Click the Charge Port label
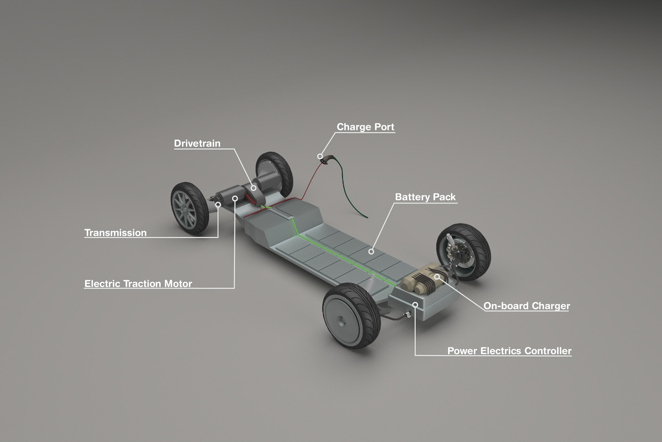[x=365, y=127]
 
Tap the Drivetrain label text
[x=197, y=143]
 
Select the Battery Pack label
[x=425, y=197]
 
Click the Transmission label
[x=116, y=233]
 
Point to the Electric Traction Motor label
[x=138, y=284]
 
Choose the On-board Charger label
[x=526, y=306]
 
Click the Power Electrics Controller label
[x=509, y=351]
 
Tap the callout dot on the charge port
[x=320, y=156]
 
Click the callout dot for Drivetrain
[x=253, y=188]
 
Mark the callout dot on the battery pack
[x=371, y=251]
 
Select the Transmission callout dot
[x=218, y=205]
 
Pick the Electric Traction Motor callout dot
[x=235, y=199]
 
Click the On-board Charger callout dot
[x=437, y=277]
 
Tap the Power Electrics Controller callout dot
[x=415, y=305]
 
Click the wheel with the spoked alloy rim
[x=190, y=208]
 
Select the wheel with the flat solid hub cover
[x=351, y=316]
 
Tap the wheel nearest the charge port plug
[x=275, y=174]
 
